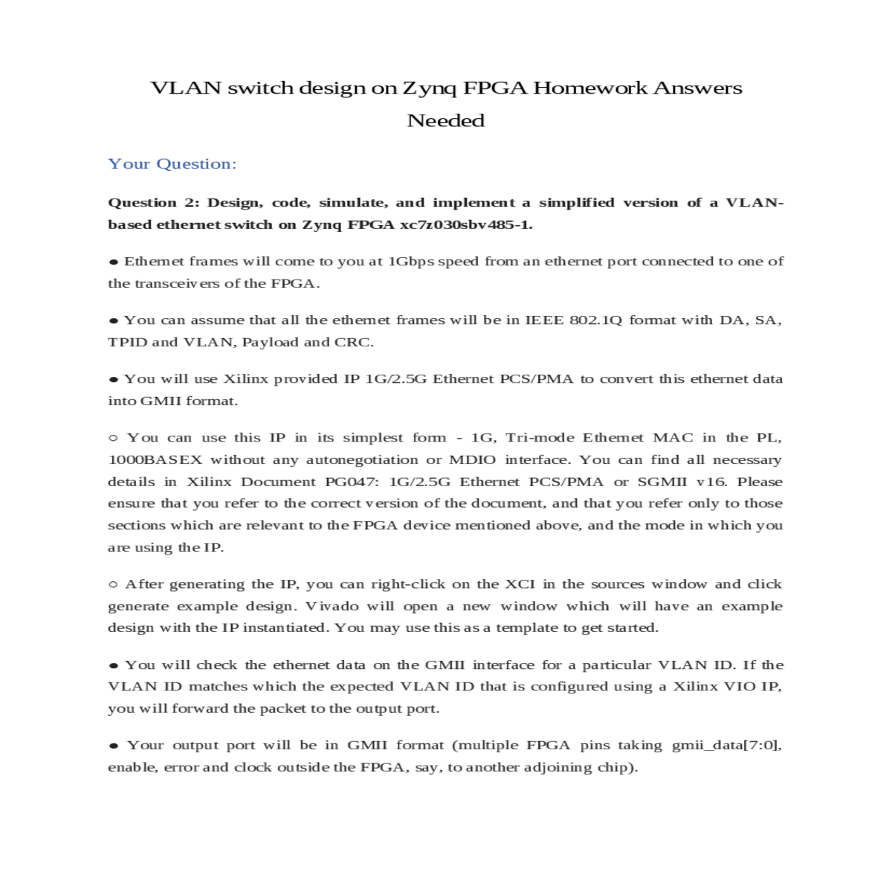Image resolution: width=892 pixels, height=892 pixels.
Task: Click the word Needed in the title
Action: click(x=445, y=120)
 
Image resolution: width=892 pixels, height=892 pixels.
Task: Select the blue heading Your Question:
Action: click(x=172, y=164)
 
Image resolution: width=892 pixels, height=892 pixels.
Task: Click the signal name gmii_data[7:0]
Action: click(x=726, y=745)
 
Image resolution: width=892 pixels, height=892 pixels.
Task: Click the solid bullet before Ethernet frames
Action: click(x=114, y=262)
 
